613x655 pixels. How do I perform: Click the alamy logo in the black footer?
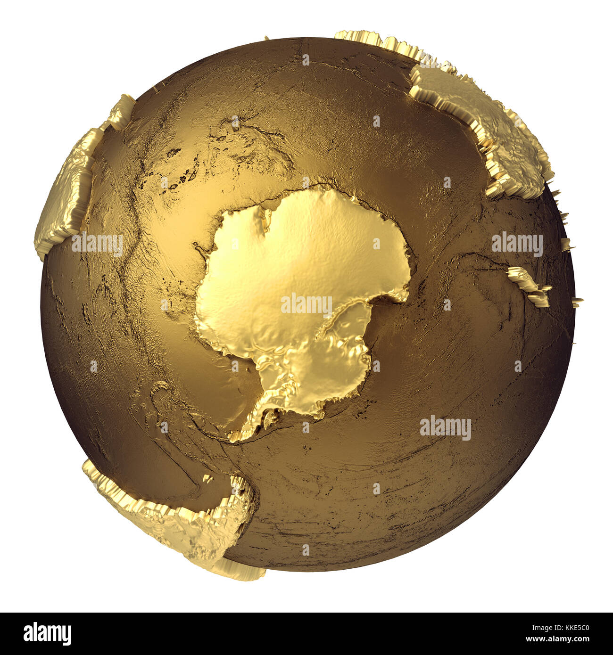(47, 634)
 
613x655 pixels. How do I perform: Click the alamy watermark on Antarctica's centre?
(306, 304)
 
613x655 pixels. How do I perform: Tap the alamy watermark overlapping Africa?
(97, 244)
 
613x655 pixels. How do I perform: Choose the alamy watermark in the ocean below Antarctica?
(446, 428)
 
